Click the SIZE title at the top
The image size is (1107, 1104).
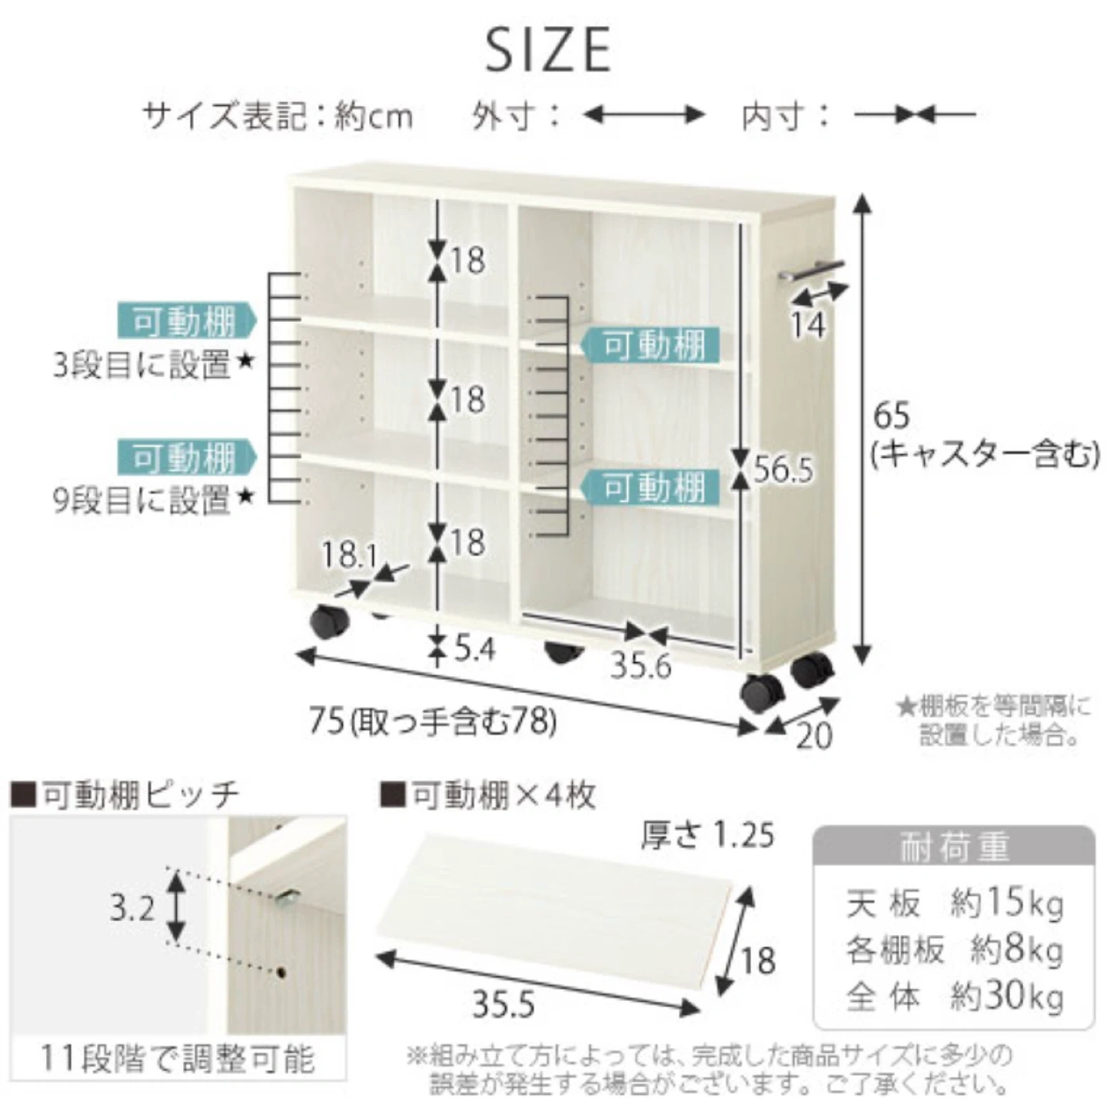[x=548, y=50]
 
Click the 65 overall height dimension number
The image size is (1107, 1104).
[x=892, y=416]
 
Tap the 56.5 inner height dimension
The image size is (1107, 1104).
[x=783, y=469]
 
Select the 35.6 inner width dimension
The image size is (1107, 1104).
[x=640, y=665]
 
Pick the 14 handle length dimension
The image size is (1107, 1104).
[x=808, y=324]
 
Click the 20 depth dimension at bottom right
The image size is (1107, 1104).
[x=814, y=736]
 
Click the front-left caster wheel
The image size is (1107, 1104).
[x=329, y=621]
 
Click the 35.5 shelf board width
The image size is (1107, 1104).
[x=504, y=1004]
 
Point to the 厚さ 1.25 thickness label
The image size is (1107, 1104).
[x=707, y=835]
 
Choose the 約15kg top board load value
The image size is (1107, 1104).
[x=1006, y=903]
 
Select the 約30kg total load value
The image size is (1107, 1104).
[x=1006, y=997]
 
